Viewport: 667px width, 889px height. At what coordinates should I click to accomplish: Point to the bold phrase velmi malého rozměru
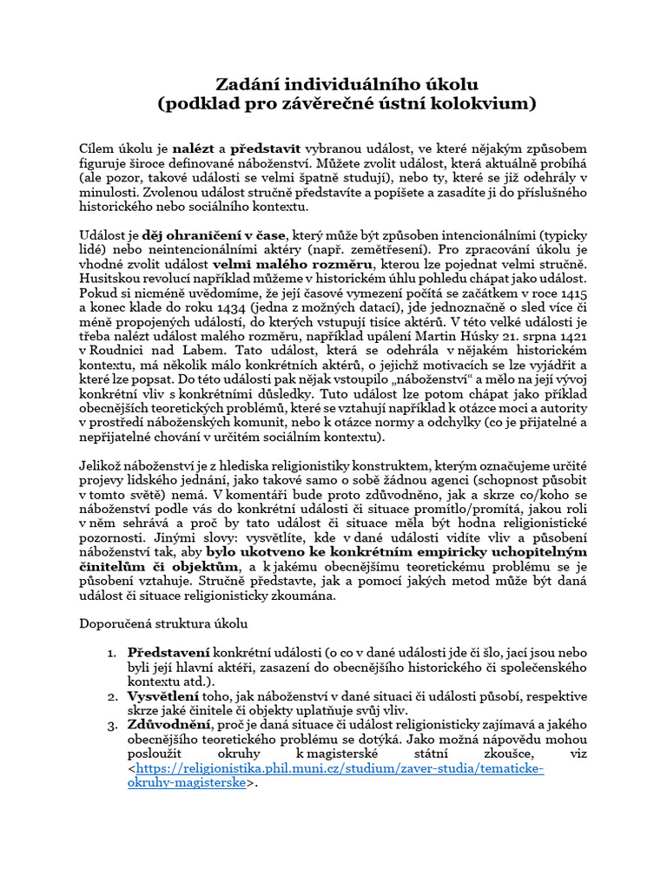click(x=294, y=263)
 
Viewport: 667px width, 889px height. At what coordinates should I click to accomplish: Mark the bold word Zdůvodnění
click(x=169, y=725)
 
